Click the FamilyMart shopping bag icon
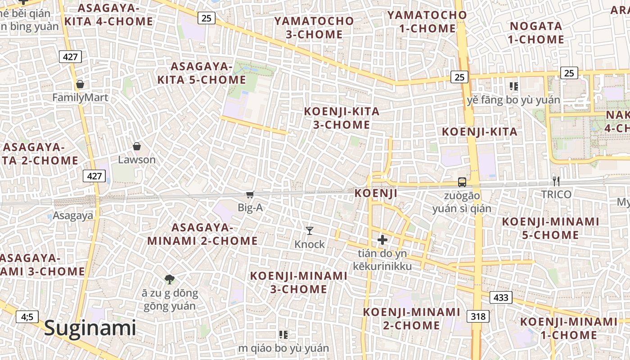(80, 84)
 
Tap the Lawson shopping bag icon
(137, 146)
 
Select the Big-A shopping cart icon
(250, 194)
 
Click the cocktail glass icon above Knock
(310, 231)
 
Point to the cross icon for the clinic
(382, 240)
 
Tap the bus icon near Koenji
(462, 182)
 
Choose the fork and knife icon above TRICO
(556, 181)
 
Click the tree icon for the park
(169, 279)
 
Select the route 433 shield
(500, 297)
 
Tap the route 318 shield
(478, 316)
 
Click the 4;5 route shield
(27, 317)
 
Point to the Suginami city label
(90, 328)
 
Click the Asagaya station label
(73, 216)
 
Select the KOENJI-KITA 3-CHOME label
(342, 118)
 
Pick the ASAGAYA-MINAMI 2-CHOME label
(202, 234)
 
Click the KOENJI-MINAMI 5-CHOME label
(550, 229)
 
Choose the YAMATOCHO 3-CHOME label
(314, 28)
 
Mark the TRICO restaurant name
(556, 194)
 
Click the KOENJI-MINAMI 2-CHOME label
(411, 319)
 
